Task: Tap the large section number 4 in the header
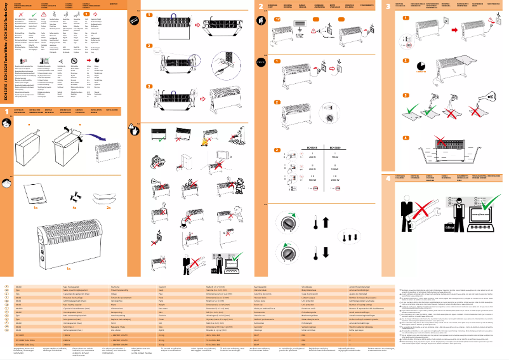coord(389,178)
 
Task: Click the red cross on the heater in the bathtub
coord(443,150)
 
